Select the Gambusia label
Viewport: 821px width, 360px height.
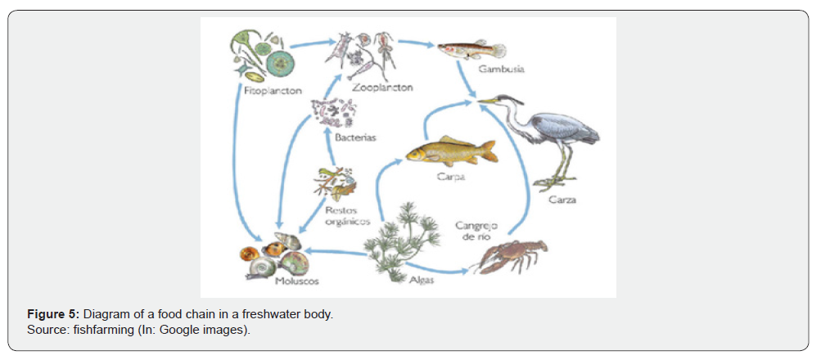pyautogui.click(x=501, y=70)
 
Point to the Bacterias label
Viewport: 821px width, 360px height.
pyautogui.click(x=355, y=137)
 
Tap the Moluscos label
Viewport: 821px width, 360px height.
pyautogui.click(x=297, y=281)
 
